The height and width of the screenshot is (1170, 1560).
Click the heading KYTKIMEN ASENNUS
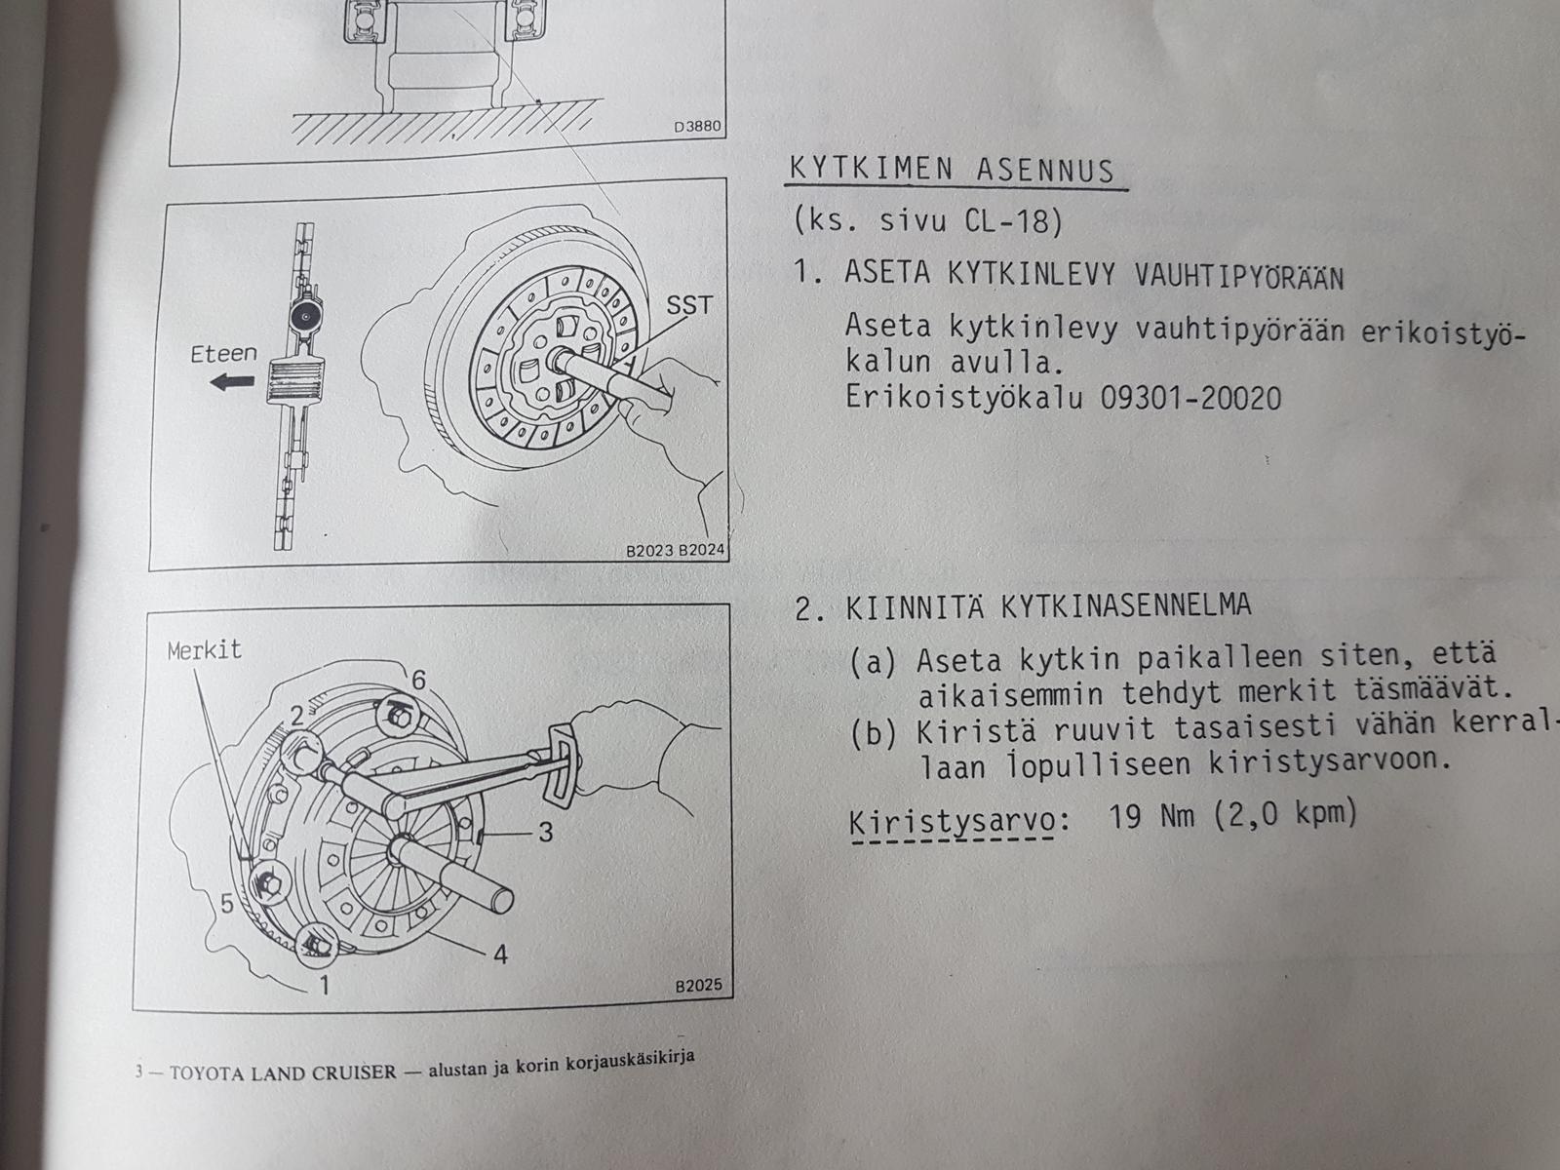point(953,171)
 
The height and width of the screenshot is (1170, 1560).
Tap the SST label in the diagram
point(688,305)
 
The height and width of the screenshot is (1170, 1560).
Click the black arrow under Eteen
point(232,382)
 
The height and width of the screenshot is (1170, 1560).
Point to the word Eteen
point(223,353)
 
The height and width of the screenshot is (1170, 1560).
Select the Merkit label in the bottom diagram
point(205,650)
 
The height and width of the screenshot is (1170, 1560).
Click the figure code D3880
point(696,127)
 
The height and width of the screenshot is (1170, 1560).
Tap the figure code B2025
point(698,986)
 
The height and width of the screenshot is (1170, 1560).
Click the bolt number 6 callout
point(418,680)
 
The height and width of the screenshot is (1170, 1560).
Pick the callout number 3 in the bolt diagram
point(546,832)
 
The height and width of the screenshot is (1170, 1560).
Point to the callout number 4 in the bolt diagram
point(500,955)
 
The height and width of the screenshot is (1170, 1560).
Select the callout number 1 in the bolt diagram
point(324,985)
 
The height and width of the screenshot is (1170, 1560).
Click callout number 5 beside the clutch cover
point(227,904)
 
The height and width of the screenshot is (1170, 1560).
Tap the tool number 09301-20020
point(1191,399)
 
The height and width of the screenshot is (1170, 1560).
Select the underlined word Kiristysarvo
point(952,823)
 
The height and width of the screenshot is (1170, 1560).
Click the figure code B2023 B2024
point(675,551)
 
